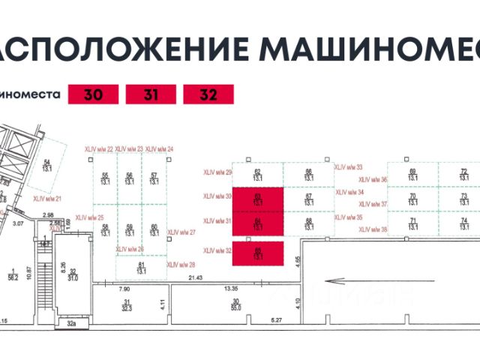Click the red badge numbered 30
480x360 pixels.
click(92, 95)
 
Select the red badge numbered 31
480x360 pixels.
click(150, 95)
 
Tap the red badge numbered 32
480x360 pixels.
click(208, 95)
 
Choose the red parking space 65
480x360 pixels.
click(257, 253)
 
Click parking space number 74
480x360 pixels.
click(463, 223)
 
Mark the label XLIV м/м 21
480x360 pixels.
click(47, 198)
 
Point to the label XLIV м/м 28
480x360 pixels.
click(181, 264)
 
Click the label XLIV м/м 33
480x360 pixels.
click(348, 167)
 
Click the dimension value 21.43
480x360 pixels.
click(196, 279)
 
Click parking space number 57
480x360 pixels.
click(154, 178)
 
